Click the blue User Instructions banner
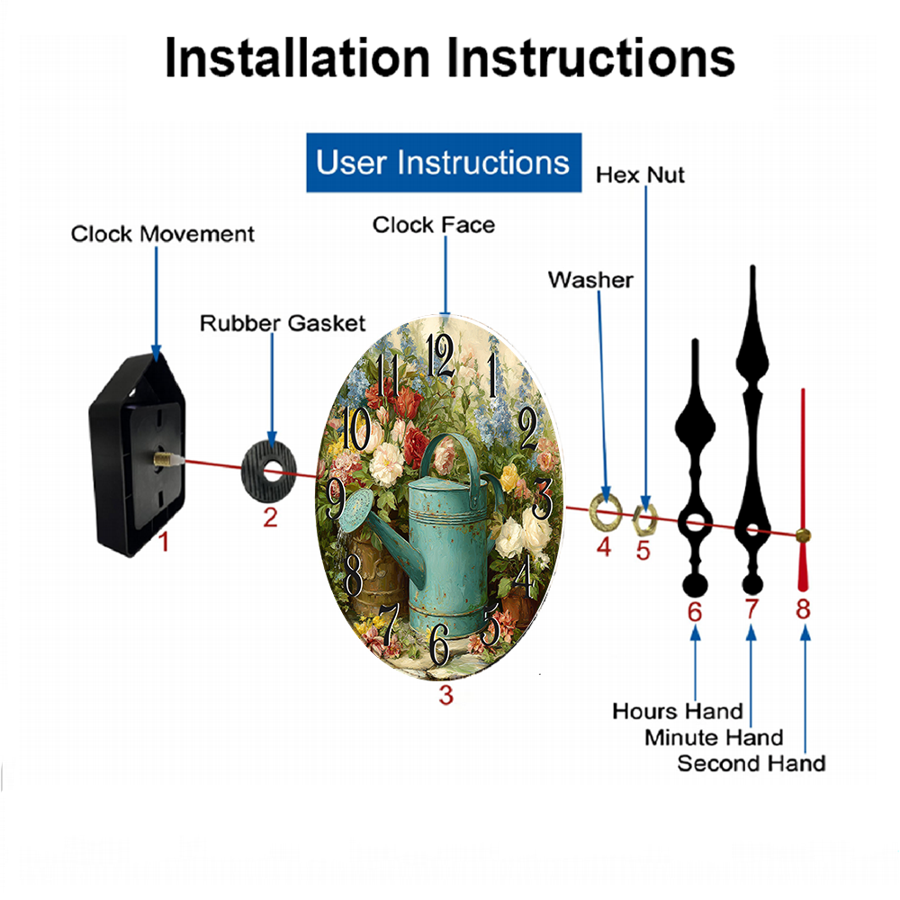[444, 162]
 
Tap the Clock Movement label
[162, 234]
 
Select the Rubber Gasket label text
[283, 323]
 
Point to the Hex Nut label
[640, 175]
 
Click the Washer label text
[590, 280]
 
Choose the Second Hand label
[751, 763]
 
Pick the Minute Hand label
[714, 738]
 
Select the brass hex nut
[644, 520]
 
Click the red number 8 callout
[804, 609]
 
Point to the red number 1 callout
[164, 542]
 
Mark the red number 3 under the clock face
[446, 695]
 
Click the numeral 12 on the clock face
[440, 355]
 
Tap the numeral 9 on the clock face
[336, 498]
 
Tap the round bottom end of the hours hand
[695, 586]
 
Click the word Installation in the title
[297, 58]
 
